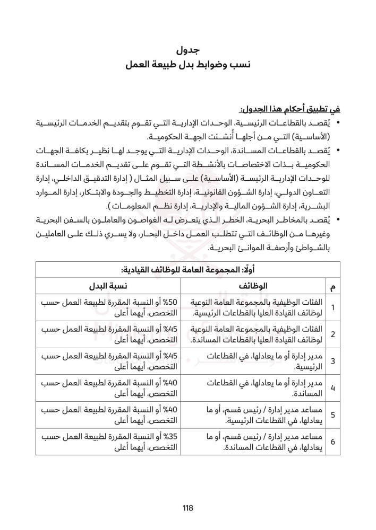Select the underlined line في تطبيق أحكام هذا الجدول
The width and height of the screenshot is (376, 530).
click(x=290, y=110)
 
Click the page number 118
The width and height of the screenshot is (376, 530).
click(x=187, y=508)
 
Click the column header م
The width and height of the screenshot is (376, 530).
click(x=332, y=287)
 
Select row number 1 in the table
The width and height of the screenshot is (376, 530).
click(x=332, y=307)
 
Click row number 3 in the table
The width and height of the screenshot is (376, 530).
click(x=332, y=361)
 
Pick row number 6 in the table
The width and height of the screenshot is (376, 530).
click(x=332, y=441)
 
